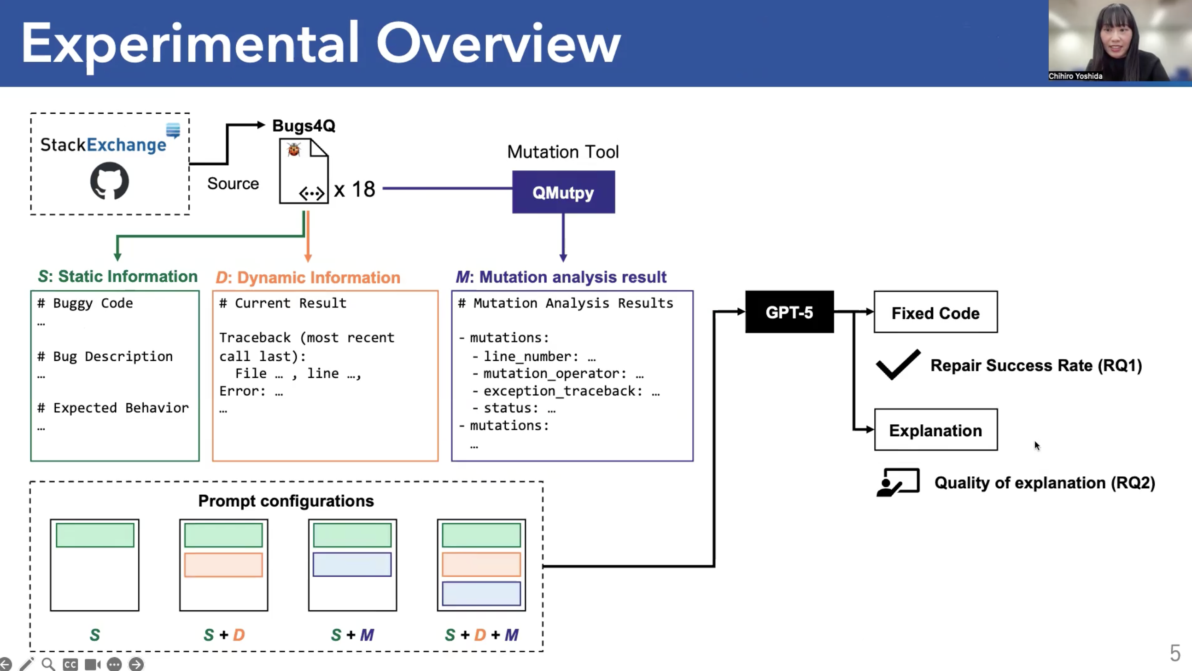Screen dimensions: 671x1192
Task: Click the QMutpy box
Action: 563,192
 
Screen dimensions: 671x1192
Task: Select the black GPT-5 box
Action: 789,312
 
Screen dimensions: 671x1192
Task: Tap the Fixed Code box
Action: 935,312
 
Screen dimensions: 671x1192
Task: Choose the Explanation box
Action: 935,429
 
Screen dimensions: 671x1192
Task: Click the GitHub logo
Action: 109,181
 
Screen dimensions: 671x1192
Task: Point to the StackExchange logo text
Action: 103,145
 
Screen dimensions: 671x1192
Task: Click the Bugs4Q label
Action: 304,126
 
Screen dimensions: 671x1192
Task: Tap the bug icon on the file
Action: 294,150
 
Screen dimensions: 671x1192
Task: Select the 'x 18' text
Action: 354,189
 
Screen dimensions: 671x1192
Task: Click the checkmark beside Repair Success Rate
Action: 898,364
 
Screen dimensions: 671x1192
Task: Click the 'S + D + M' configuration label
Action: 481,635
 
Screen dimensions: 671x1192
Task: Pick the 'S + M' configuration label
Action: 352,635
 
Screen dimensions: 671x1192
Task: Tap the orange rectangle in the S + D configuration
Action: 223,565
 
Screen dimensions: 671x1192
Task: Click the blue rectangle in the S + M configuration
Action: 352,565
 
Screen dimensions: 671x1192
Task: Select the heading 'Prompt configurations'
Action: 286,501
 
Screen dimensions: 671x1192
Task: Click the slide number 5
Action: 1175,653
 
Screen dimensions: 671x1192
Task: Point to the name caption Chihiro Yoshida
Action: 1075,76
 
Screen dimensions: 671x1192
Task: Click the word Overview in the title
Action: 498,44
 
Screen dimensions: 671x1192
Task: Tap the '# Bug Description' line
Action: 105,357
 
